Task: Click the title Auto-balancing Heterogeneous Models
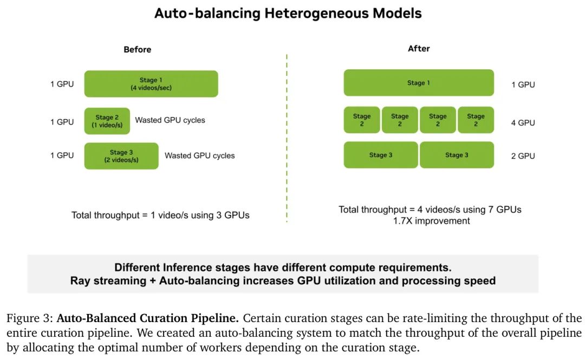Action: (288, 14)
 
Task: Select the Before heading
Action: (137, 50)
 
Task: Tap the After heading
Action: (419, 49)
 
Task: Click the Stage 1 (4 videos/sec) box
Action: (151, 84)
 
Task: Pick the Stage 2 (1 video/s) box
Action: (107, 121)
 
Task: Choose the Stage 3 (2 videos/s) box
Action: (121, 156)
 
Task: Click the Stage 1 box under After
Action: (419, 83)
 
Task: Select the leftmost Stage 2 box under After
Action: (362, 120)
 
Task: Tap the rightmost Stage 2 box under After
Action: (476, 120)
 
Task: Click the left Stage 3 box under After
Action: (381, 155)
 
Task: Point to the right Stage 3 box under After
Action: (457, 155)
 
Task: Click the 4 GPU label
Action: (523, 123)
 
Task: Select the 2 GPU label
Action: (523, 156)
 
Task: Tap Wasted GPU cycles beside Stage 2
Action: (170, 120)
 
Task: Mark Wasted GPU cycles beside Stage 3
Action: (199, 155)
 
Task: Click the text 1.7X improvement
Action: (431, 221)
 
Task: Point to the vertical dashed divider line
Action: (287, 139)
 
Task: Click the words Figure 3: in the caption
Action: (29, 318)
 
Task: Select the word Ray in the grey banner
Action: (80, 280)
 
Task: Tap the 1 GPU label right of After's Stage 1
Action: (523, 84)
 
